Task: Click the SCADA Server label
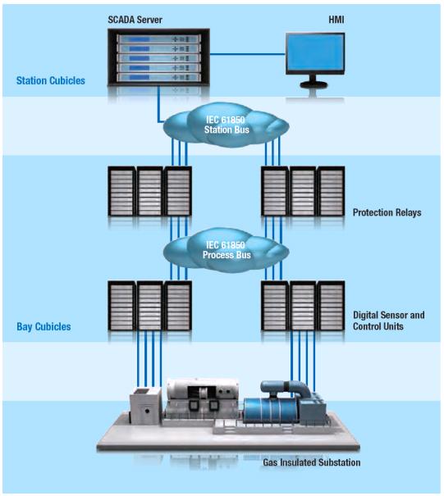135,20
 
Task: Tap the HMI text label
336,20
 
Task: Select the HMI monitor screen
315,52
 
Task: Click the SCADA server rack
158,57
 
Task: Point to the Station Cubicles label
51,80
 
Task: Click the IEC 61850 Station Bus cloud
226,125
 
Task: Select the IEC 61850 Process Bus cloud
226,250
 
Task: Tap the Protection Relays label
387,212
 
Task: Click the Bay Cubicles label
43,326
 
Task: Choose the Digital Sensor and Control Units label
389,321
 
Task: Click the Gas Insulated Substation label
312,462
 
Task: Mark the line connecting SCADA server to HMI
247,54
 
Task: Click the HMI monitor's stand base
314,84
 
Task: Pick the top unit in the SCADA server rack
158,39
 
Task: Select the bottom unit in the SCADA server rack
158,78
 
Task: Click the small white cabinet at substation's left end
146,406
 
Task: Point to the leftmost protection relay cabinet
121,191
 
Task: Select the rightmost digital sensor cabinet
331,306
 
